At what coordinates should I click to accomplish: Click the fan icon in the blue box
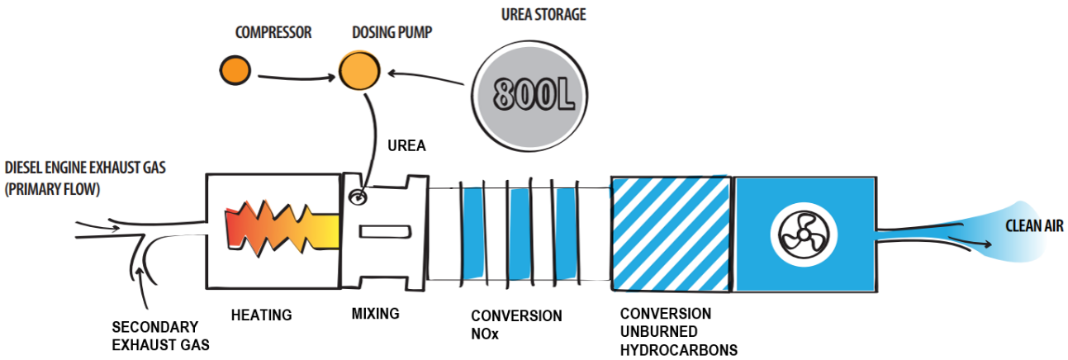pos(799,234)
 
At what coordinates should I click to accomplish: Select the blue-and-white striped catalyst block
pos(670,233)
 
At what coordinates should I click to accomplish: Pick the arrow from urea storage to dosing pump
pos(430,78)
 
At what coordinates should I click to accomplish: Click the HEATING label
pos(261,315)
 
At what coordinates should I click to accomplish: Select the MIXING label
pos(375,314)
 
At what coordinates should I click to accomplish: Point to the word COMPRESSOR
pos(273,33)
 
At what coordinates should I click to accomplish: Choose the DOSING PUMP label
pos(392,33)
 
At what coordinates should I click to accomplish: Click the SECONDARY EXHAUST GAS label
pos(156,335)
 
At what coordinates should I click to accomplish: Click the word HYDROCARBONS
pos(678,350)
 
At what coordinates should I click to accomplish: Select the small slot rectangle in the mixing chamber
pos(386,232)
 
